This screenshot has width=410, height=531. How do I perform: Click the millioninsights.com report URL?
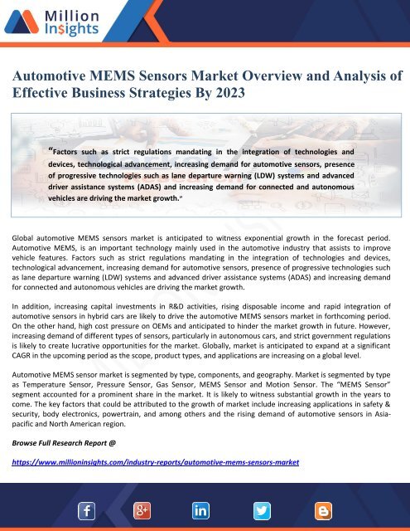pyautogui.click(x=156, y=462)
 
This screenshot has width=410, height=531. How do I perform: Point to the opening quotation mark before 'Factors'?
pyautogui.click(x=51, y=150)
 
